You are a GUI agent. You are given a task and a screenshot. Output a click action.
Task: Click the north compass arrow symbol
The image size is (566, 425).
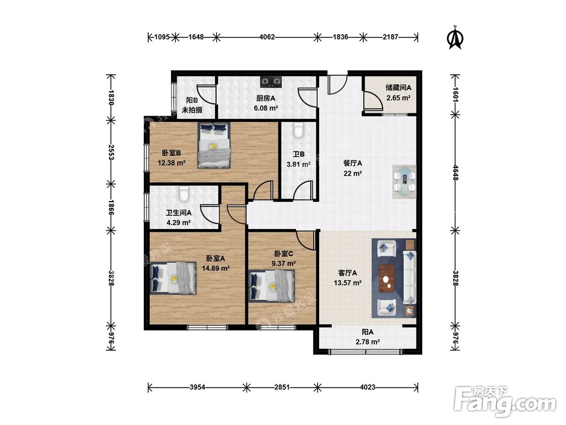455,37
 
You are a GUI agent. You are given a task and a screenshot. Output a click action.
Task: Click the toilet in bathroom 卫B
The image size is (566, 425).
298,130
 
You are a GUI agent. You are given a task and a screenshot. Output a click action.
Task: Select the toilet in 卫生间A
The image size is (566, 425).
184,194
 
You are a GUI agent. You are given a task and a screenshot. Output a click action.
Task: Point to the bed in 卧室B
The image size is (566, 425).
214,145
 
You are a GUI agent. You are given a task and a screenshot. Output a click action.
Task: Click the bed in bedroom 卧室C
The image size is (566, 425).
272,286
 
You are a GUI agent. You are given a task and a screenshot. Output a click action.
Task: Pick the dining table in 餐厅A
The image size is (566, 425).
404,182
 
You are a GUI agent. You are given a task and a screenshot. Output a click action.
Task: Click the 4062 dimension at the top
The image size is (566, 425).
267,37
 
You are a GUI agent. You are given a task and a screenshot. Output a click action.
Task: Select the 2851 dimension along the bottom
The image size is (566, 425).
282,387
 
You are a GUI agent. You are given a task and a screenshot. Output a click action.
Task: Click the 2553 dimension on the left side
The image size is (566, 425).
111,152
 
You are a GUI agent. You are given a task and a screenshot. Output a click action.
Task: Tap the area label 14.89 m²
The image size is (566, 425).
216,268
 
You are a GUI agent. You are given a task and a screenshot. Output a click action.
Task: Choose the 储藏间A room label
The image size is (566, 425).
398,87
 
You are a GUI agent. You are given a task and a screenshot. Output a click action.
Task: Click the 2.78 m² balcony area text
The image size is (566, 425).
367,342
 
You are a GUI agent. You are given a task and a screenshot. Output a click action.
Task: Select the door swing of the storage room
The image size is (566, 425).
373,101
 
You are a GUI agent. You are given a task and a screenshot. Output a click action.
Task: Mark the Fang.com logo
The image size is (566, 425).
505,401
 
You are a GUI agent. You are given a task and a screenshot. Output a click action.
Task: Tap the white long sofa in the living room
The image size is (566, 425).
409,277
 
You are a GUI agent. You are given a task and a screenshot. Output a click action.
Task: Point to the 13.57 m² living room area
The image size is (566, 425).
348,283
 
